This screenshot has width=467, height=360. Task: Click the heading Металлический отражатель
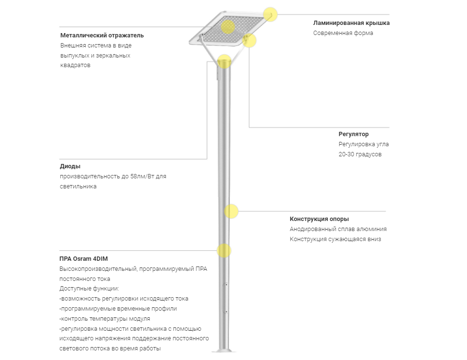(x=102, y=35)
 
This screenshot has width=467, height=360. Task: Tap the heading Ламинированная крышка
(x=351, y=23)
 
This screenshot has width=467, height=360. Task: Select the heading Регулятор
(x=353, y=134)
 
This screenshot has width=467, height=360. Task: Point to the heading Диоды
(x=70, y=166)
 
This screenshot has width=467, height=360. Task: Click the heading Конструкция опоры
(x=319, y=219)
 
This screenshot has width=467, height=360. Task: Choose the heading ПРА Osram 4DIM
(x=84, y=259)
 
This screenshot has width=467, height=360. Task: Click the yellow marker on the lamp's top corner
(x=271, y=14)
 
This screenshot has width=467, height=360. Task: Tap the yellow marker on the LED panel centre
(x=228, y=27)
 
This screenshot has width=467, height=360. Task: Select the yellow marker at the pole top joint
(x=224, y=61)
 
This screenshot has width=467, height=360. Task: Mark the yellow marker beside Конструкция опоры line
(x=231, y=211)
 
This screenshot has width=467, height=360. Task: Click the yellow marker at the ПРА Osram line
(x=224, y=250)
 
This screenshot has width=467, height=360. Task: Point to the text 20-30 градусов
(x=360, y=154)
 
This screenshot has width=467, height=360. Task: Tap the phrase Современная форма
(x=343, y=33)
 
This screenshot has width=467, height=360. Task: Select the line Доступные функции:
(x=89, y=289)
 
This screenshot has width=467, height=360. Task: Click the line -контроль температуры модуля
(x=104, y=319)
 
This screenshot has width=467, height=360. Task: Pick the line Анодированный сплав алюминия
(x=338, y=229)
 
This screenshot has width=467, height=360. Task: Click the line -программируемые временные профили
(x=118, y=309)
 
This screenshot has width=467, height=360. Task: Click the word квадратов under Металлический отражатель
(x=75, y=66)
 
